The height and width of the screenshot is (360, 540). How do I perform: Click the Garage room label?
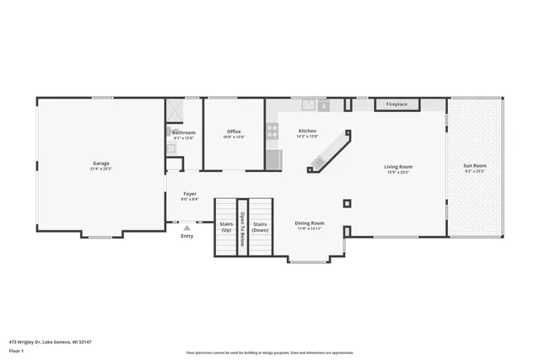100,163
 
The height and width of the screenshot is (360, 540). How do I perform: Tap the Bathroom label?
184,132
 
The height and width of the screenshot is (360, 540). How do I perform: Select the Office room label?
234,132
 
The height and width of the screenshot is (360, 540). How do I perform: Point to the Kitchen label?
308,132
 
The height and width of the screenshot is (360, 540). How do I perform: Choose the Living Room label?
398,167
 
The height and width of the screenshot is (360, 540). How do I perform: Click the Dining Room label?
310,223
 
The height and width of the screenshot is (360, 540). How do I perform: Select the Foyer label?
190,195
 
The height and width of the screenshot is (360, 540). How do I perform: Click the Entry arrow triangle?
187,227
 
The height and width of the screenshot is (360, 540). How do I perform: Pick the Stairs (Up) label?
226,227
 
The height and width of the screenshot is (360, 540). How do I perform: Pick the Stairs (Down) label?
260,227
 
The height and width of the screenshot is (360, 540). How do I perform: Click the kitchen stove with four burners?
273,131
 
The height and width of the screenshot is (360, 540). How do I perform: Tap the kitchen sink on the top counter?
310,105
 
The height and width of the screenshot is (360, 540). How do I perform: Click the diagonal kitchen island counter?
329,152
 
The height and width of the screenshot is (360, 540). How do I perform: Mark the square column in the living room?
347,203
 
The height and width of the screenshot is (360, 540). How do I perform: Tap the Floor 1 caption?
17,349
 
